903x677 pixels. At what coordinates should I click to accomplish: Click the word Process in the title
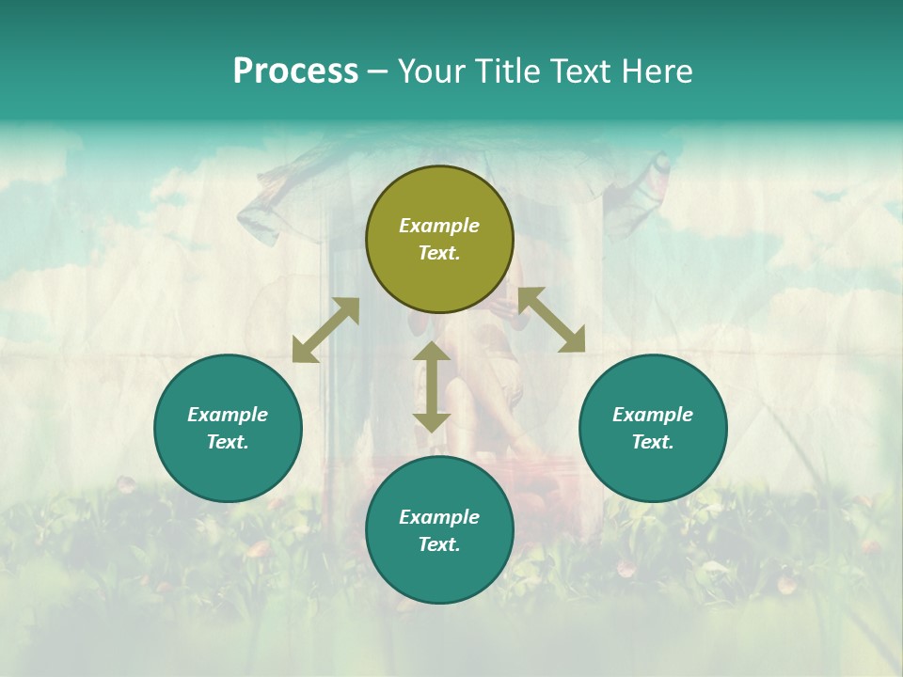click(295, 71)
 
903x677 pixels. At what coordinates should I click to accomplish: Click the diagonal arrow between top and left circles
click(325, 330)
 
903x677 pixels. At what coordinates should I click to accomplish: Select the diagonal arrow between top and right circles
click(552, 320)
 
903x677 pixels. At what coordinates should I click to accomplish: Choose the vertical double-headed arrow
click(432, 386)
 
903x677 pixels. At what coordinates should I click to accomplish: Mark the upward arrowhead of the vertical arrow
click(432, 351)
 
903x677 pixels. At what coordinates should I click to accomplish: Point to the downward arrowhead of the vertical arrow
click(432, 422)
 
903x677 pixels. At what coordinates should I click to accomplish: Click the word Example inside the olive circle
click(439, 226)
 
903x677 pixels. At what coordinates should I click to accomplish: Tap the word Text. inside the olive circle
click(439, 253)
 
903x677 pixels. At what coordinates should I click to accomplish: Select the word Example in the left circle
click(228, 415)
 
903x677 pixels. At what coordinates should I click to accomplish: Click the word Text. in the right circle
click(653, 442)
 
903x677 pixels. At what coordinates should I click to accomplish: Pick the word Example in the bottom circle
click(439, 517)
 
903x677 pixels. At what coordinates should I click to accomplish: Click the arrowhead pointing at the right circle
click(573, 340)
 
